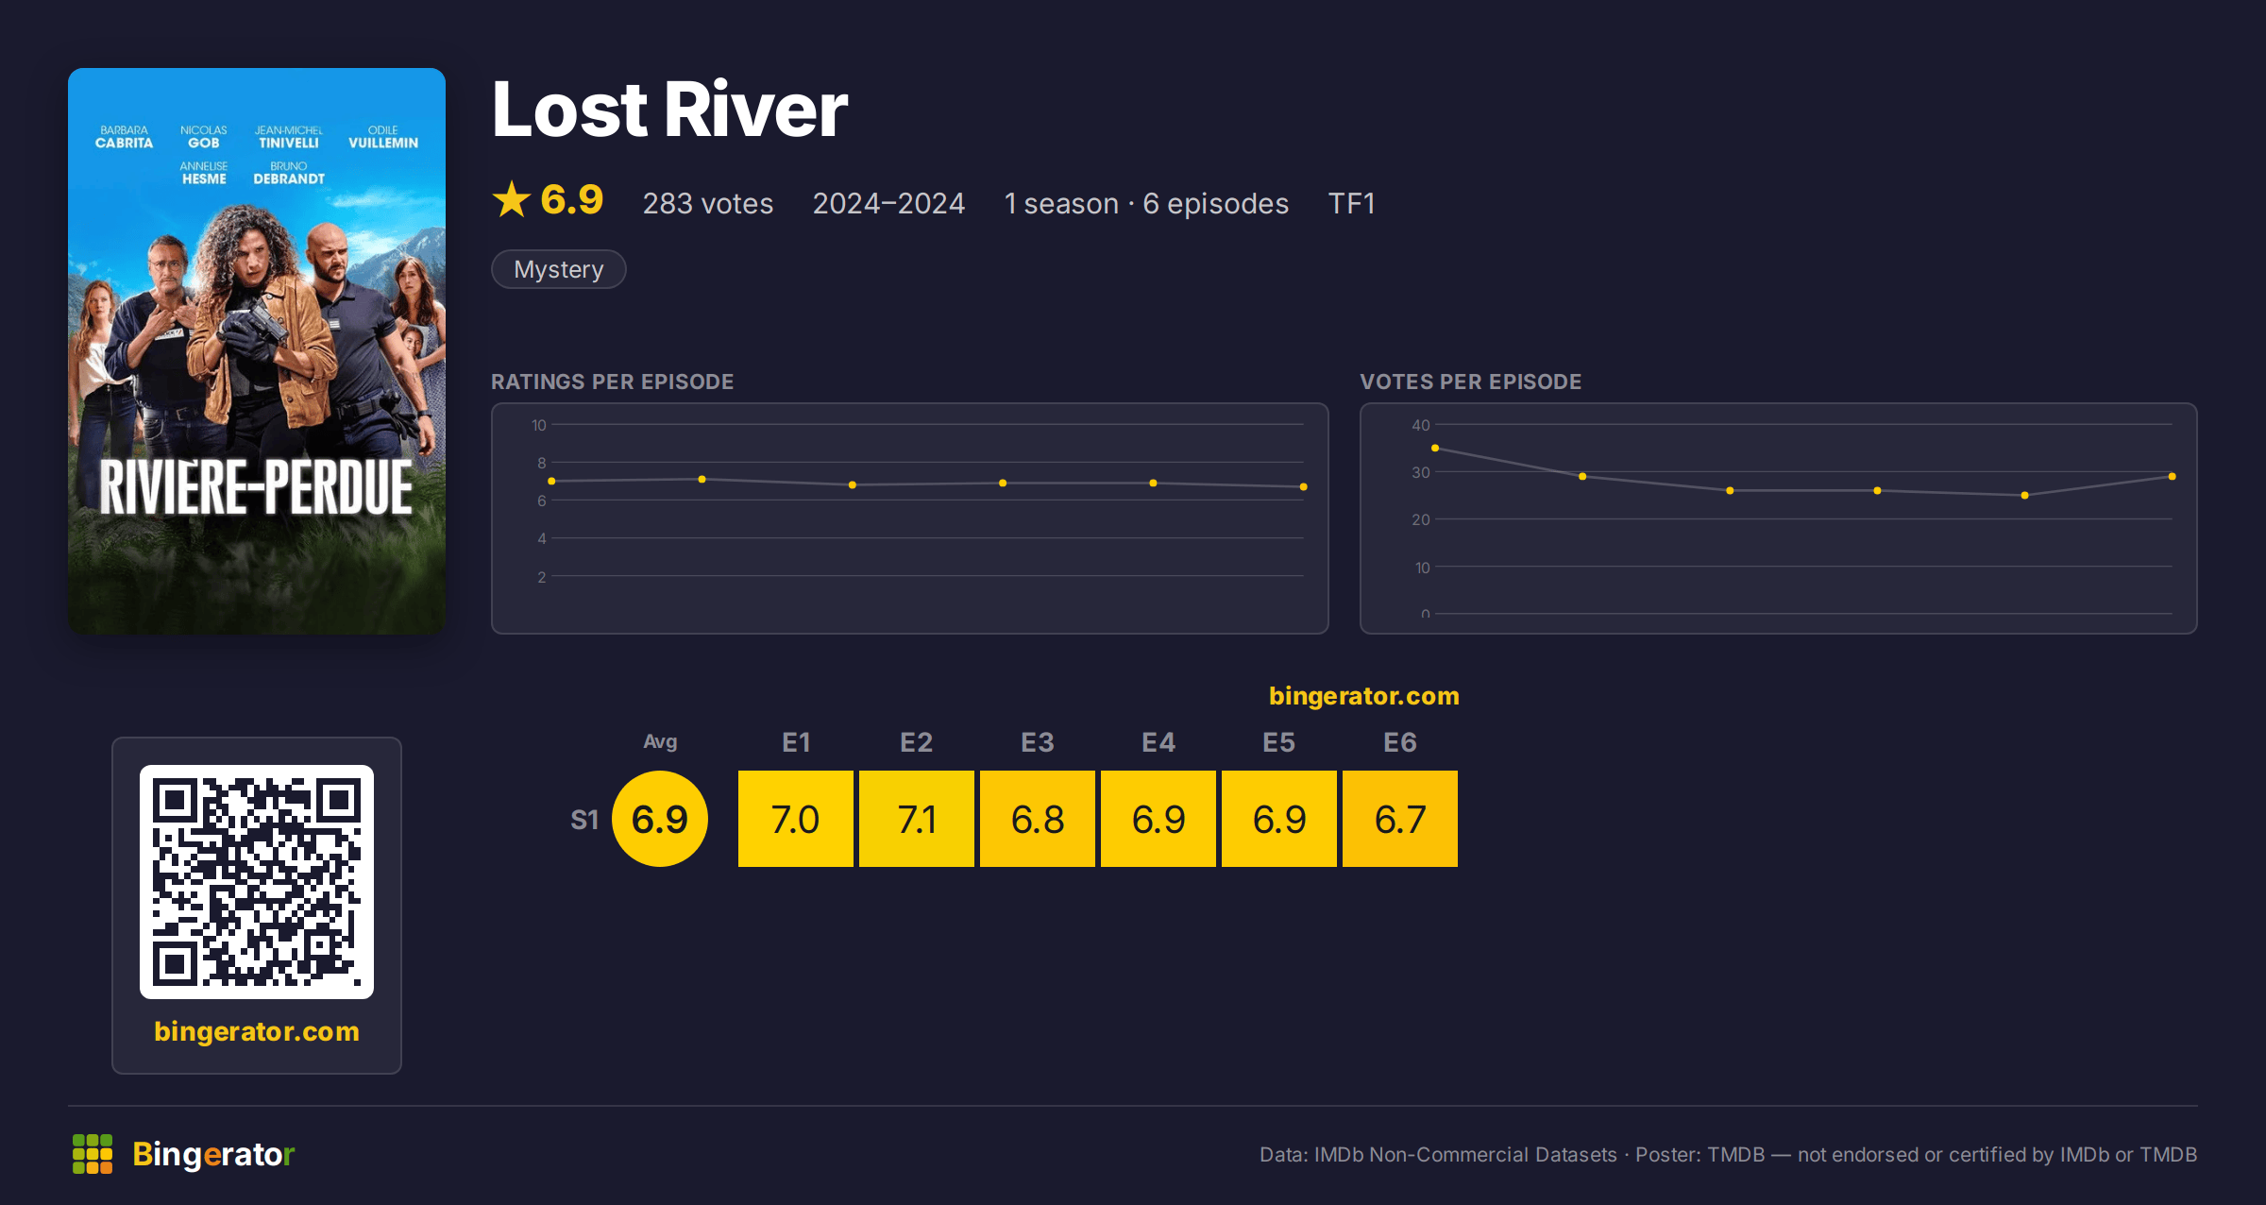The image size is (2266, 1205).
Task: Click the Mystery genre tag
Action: pos(558,269)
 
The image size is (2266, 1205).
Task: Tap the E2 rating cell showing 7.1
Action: pos(916,819)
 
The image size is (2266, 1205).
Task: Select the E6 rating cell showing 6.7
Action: pos(1399,819)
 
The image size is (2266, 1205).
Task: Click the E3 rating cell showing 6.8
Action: pos(1037,819)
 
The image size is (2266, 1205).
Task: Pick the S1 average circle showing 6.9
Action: pos(659,819)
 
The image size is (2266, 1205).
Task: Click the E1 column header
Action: pos(796,742)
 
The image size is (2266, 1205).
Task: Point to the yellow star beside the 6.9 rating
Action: pos(512,199)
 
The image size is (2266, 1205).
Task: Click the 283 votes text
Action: pos(708,203)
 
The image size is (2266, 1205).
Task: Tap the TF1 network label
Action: pos(1351,203)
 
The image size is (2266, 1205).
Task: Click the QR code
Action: pos(257,882)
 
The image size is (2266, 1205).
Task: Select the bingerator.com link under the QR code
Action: pos(257,1031)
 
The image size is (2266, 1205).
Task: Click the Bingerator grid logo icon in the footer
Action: pos(93,1154)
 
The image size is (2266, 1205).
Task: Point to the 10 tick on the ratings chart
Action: pos(538,425)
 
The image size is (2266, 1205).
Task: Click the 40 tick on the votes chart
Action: pos(1420,425)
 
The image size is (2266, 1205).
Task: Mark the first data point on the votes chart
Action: pos(1435,448)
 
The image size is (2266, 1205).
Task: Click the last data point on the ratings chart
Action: pos(1303,486)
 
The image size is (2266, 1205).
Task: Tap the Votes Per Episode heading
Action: pos(1470,382)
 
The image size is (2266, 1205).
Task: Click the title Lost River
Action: pos(669,110)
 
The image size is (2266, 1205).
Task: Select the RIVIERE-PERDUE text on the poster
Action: pos(256,487)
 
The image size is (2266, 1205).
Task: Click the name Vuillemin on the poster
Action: pos(383,143)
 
